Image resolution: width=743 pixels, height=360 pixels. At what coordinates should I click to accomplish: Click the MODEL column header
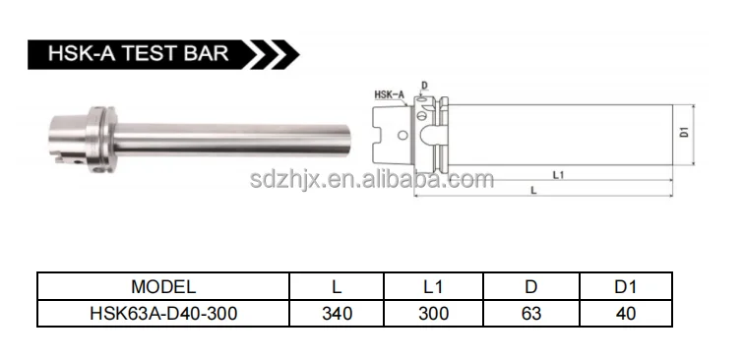point(163,287)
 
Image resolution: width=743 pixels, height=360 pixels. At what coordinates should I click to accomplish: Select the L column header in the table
point(337,287)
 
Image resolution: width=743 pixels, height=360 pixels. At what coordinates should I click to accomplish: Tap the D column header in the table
point(530,287)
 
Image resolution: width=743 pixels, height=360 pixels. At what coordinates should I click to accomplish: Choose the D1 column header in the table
point(624,287)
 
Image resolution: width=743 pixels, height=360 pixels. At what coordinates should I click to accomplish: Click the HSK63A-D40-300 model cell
point(163,313)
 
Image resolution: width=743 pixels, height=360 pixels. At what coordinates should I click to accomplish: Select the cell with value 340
point(337,313)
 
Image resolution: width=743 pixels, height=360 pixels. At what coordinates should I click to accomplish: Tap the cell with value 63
point(530,313)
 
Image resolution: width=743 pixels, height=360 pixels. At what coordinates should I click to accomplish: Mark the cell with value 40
point(624,313)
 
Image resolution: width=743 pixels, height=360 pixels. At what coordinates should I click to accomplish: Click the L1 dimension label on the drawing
point(556,174)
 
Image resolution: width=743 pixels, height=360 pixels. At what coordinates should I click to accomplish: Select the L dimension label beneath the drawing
point(532,190)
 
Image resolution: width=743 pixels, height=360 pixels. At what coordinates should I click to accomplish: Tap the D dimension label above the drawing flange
point(424,86)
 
